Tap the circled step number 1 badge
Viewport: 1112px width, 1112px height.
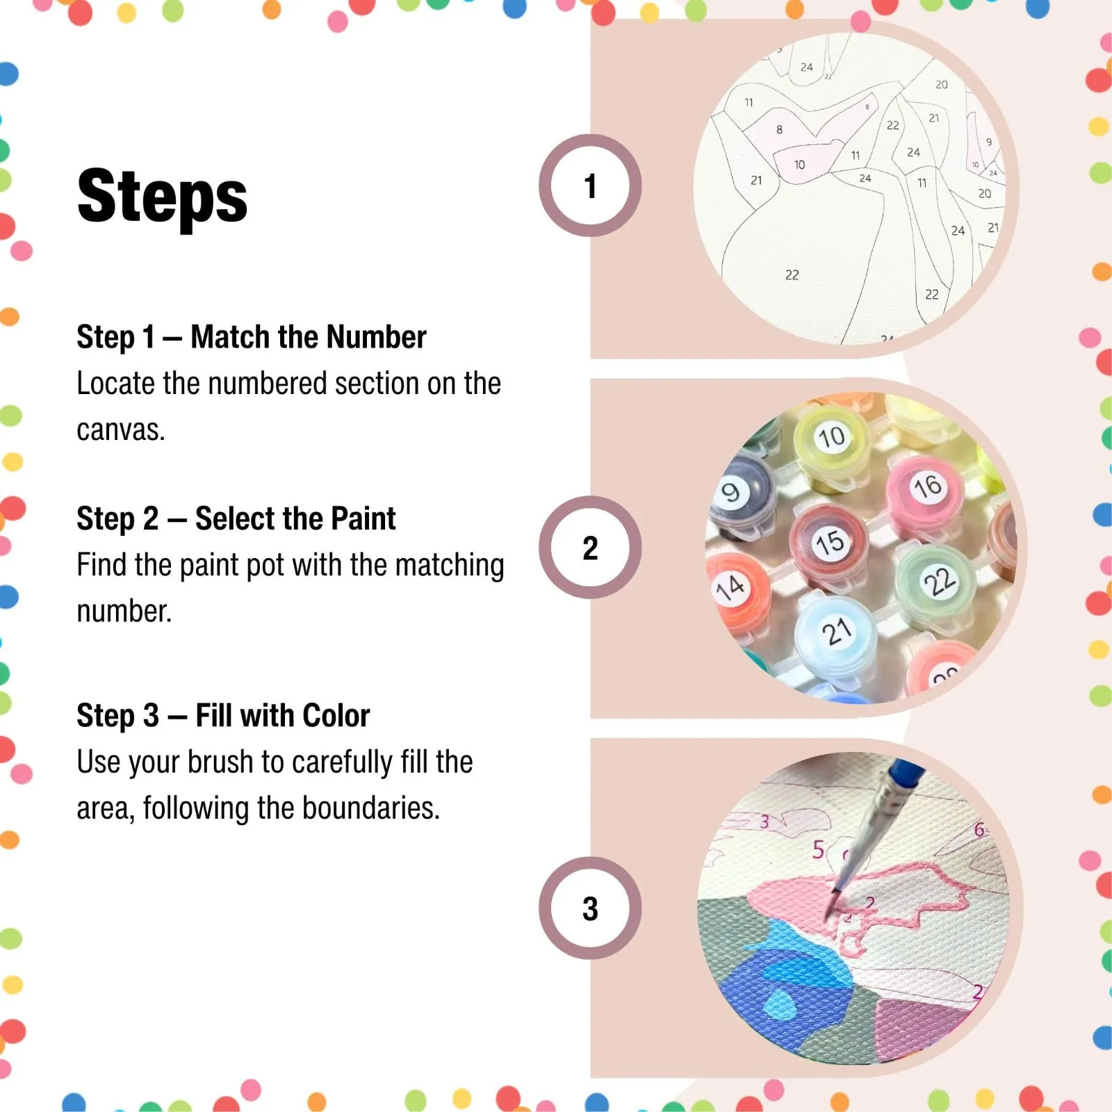pos(590,186)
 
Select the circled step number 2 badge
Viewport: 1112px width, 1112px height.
pos(590,548)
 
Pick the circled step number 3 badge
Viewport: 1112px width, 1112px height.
pos(590,908)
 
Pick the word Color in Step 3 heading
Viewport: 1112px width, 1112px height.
pos(336,715)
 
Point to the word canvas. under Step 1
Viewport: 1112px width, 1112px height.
pos(121,430)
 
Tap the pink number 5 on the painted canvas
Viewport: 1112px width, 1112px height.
pos(818,849)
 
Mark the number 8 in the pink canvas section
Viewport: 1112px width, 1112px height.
pos(779,129)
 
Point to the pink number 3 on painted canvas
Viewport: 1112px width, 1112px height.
pos(764,821)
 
